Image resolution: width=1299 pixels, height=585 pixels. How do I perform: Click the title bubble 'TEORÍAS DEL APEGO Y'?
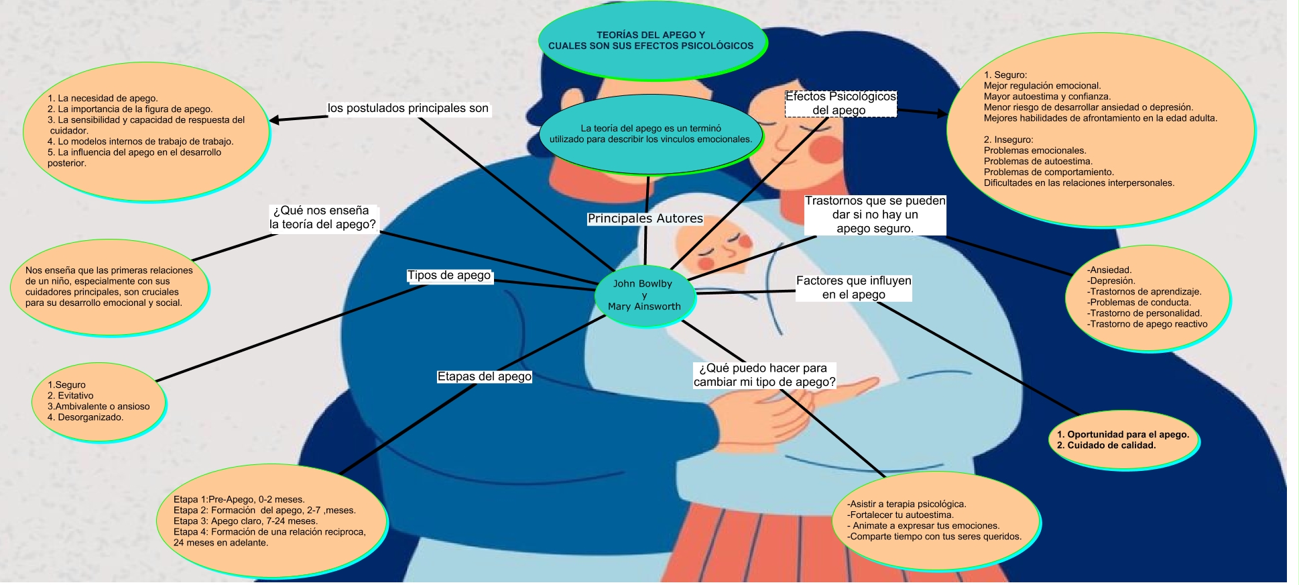click(651, 40)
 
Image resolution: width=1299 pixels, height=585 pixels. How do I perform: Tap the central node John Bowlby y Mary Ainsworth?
click(644, 295)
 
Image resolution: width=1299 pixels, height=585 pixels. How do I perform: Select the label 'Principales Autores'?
click(645, 219)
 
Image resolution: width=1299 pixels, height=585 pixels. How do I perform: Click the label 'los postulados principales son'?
click(408, 109)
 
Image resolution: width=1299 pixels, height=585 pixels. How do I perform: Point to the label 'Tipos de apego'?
click(449, 276)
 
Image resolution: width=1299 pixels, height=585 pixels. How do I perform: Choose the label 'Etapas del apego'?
click(484, 377)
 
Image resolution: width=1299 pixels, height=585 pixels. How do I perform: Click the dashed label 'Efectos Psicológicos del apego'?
click(840, 103)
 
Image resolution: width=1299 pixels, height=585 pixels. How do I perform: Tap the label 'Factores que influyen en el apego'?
click(853, 288)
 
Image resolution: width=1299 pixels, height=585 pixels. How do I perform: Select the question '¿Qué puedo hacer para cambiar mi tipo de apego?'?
click(764, 375)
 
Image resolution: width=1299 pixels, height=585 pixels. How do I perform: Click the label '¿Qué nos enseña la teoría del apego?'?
click(322, 217)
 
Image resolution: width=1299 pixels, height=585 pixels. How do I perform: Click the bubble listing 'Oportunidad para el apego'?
click(1123, 440)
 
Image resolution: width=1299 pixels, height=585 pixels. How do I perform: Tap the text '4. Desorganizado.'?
click(85, 417)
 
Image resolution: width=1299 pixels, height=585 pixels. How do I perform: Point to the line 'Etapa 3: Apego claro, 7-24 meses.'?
click(245, 521)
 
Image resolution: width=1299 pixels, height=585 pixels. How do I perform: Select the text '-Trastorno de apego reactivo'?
click(1147, 324)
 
